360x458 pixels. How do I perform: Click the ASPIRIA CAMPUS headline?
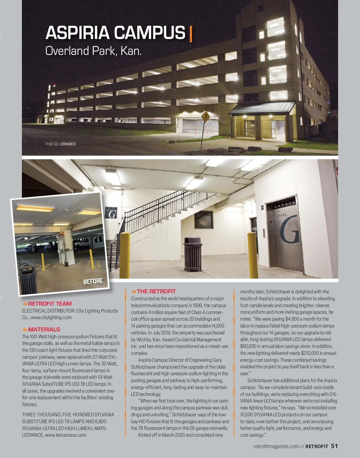[115, 33]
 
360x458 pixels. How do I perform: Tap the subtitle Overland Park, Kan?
[93, 51]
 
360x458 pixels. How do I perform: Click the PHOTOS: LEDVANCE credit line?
[61, 144]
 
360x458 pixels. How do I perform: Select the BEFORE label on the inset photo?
[93, 281]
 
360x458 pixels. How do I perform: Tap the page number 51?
[334, 446]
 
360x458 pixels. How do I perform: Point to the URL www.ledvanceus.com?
[65, 435]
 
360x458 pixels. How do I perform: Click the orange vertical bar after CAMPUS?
[191, 34]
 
